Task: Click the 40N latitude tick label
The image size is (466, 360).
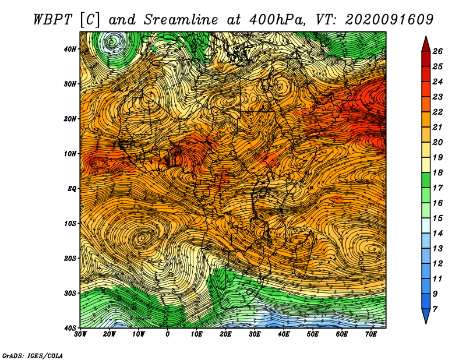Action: tap(70, 49)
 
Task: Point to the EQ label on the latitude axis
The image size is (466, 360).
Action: tap(72, 189)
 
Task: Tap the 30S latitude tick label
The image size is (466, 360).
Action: tap(70, 293)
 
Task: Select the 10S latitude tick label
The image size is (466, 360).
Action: tap(70, 223)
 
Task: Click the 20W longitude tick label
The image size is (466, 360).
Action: tap(110, 334)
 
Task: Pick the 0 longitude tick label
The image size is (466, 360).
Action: tap(168, 334)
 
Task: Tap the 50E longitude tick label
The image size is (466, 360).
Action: tap(313, 334)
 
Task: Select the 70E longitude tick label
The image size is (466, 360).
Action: tap(371, 334)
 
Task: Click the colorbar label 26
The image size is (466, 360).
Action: tap(437, 51)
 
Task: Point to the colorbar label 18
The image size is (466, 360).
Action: tap(437, 172)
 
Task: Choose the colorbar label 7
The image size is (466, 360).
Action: tap(435, 309)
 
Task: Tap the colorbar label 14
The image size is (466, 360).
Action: tap(437, 234)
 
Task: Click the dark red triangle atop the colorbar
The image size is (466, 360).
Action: tap(426, 44)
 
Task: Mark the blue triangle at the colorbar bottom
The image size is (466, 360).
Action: tap(426, 316)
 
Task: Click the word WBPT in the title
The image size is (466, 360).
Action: tap(53, 20)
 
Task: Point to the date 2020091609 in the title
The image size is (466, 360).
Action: tap(389, 20)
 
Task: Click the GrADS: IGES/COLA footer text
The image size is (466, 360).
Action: tap(33, 355)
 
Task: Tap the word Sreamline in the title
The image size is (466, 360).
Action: tap(181, 20)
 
